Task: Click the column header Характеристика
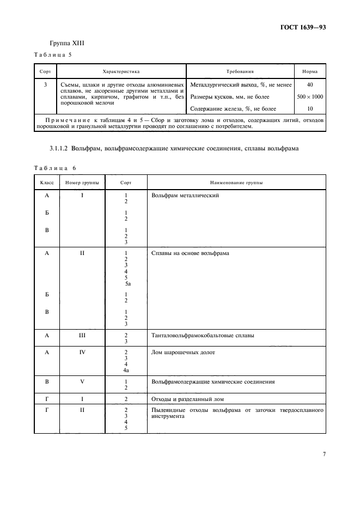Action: pos(121,71)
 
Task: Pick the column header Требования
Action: pos(240,71)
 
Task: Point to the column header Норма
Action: pos(309,71)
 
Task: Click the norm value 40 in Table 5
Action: pos(309,85)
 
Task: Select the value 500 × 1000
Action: pos(309,96)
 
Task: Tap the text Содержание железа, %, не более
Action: pos(233,108)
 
